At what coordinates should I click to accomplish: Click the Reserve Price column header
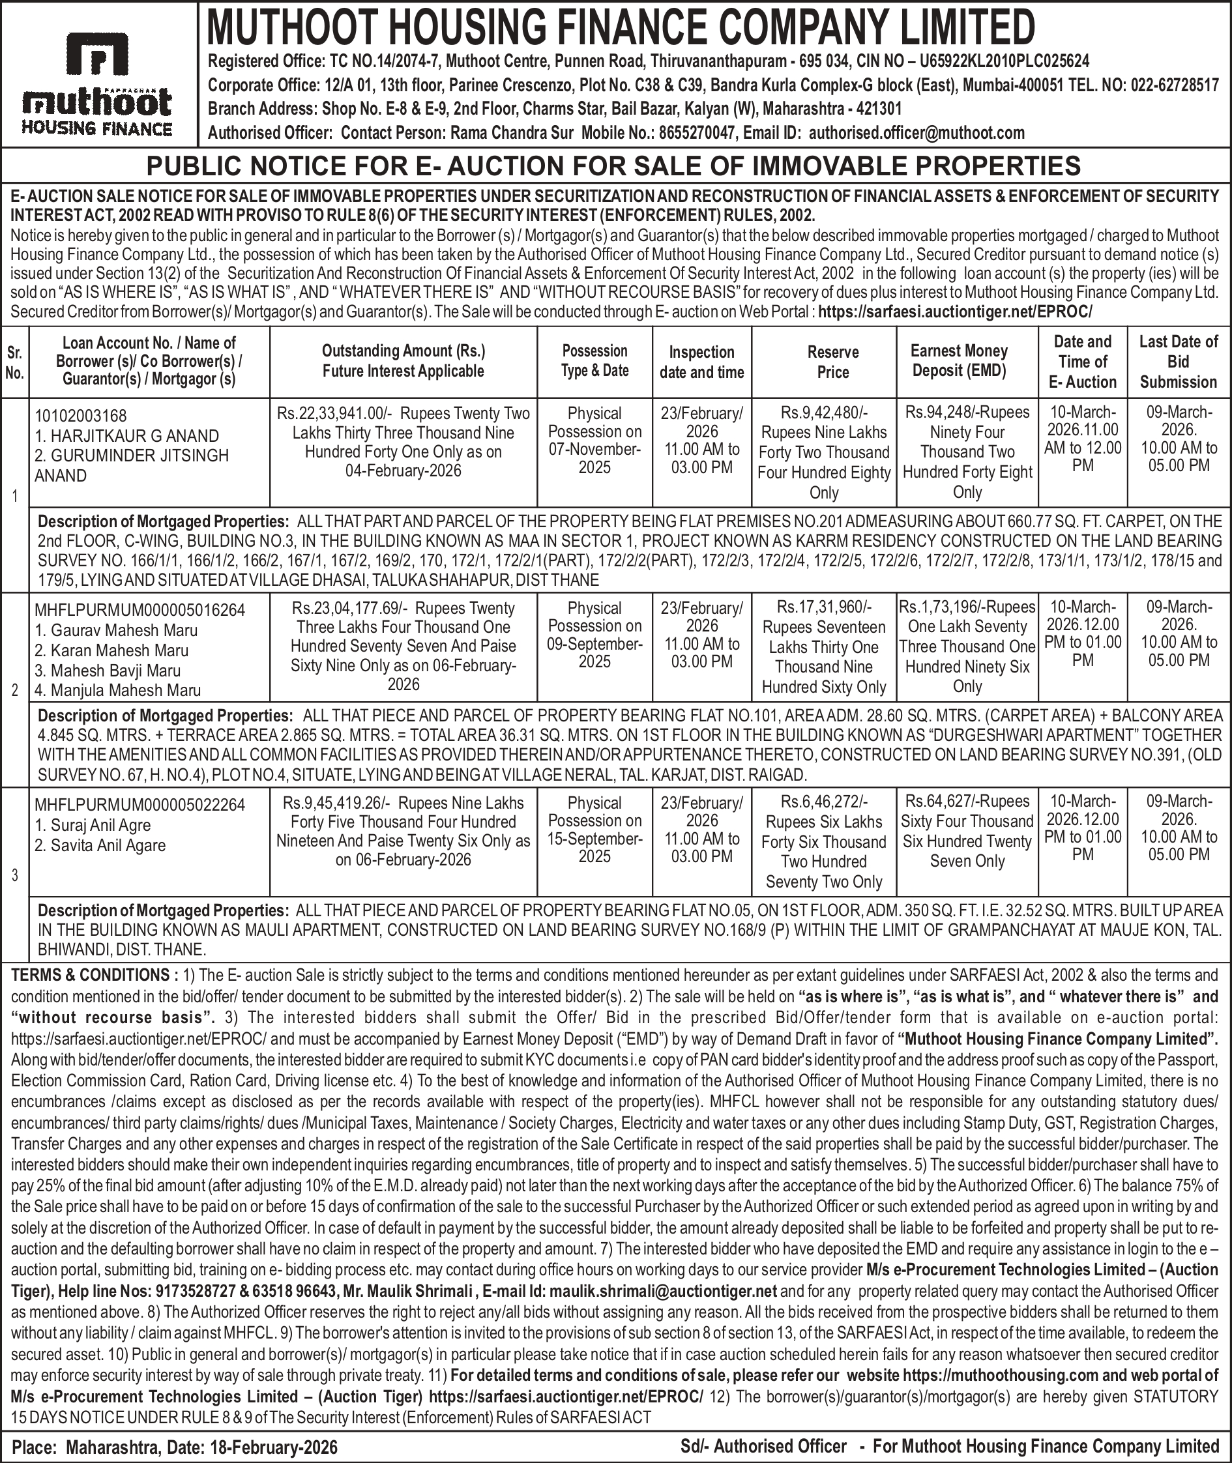(832, 362)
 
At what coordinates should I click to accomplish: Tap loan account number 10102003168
(80, 416)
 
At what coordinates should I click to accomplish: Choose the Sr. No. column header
(14, 362)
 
